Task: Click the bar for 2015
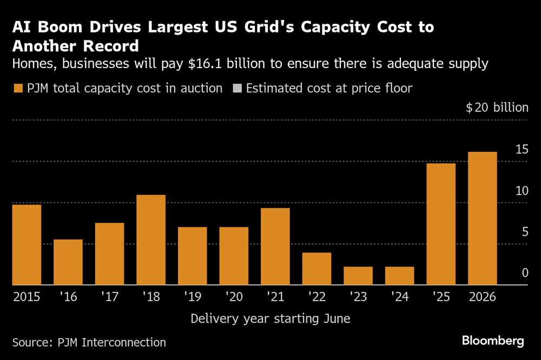click(x=27, y=244)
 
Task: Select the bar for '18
click(x=151, y=239)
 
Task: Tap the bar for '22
click(x=316, y=269)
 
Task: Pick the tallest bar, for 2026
click(x=482, y=218)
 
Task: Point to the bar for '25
click(x=441, y=224)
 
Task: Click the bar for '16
click(x=68, y=262)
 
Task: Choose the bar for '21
click(x=275, y=246)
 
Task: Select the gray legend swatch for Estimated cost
click(x=236, y=88)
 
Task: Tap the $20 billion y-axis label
click(x=497, y=108)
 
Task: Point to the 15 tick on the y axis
click(x=522, y=150)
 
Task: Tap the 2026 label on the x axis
click(x=482, y=297)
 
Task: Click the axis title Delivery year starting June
click(x=270, y=319)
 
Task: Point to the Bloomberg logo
click(x=493, y=341)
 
